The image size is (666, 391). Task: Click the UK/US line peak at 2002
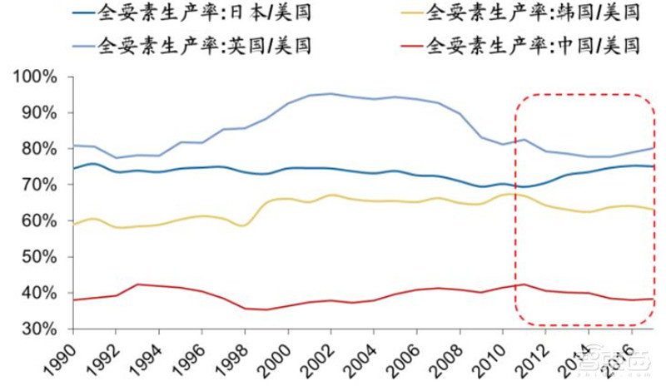coord(331,94)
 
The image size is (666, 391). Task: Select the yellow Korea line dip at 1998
coord(244,225)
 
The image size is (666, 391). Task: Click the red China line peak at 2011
coord(523,285)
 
